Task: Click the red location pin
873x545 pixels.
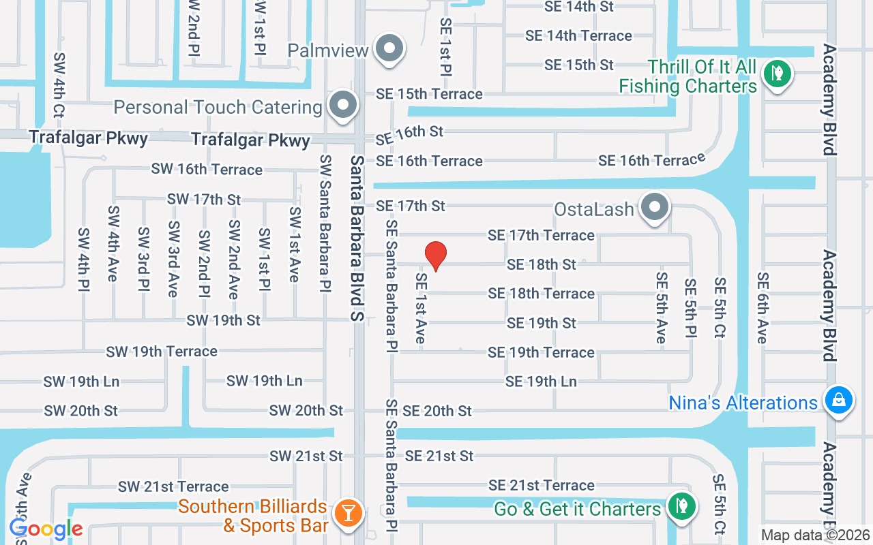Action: [x=436, y=255]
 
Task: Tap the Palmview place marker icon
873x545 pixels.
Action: [x=390, y=49]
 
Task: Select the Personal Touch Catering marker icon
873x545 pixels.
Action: [x=343, y=106]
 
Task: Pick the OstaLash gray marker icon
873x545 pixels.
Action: [x=655, y=206]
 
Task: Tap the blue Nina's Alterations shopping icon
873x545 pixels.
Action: [x=838, y=401]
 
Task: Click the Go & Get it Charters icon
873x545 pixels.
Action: [x=681, y=506]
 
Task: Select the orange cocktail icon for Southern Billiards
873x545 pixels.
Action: [x=348, y=512]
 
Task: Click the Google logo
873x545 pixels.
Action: [x=46, y=529]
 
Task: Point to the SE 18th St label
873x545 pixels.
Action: [x=542, y=264]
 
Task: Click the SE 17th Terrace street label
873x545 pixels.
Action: [x=541, y=235]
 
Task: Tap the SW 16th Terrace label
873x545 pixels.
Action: [x=207, y=169]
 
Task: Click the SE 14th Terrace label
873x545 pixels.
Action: [x=578, y=35]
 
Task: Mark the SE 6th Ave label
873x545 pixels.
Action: [x=762, y=308]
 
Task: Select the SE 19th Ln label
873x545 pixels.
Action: [x=541, y=381]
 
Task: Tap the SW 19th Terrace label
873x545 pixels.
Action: [x=162, y=352]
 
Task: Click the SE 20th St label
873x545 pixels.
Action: [x=437, y=411]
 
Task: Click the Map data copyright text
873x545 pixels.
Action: [x=816, y=535]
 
